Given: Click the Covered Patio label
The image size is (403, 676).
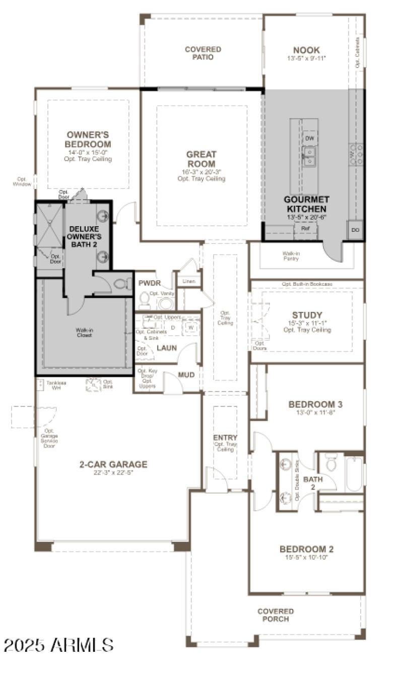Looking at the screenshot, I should [x=203, y=53].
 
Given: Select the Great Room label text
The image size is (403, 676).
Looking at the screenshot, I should [x=201, y=159].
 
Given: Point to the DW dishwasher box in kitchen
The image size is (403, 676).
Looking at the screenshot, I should [x=310, y=138].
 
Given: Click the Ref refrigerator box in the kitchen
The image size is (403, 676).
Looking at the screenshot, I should [x=305, y=228].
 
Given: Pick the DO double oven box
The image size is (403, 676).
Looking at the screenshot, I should [x=356, y=230].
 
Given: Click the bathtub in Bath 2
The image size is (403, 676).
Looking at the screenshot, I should [x=354, y=473].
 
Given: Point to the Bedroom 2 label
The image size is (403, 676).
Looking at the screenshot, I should [x=306, y=549].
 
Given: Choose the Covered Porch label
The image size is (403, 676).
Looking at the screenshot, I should [x=276, y=615].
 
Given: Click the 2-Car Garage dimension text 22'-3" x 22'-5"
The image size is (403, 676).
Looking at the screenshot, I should [x=113, y=473].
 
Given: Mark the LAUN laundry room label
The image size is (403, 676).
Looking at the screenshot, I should [x=167, y=348].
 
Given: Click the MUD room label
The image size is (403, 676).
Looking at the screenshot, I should [x=186, y=375].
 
